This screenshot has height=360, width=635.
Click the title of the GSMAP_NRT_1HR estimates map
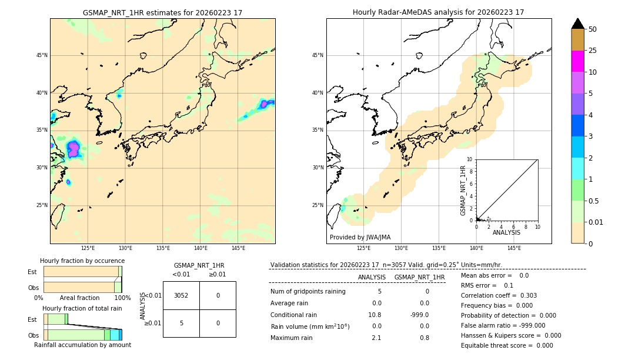[162, 12]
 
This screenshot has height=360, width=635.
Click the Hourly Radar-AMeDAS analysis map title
[438, 12]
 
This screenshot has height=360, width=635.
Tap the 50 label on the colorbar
[593, 29]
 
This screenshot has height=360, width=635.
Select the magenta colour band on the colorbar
[577, 61]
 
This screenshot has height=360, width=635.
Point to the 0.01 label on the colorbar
[596, 222]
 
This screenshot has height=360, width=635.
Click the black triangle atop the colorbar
[577, 24]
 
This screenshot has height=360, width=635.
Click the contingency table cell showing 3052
[181, 295]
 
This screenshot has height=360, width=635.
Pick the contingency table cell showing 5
[181, 323]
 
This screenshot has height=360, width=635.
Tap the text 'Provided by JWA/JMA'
[360, 238]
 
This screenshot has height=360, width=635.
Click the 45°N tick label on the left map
[42, 55]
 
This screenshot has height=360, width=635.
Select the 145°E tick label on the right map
[514, 248]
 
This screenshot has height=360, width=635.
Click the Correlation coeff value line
[499, 296]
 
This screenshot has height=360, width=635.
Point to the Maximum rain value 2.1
[376, 338]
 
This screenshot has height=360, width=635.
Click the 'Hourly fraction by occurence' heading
[82, 261]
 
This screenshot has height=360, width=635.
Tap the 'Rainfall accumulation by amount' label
[82, 345]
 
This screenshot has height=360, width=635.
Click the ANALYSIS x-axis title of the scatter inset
[506, 232]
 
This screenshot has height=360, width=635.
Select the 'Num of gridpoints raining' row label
[308, 292]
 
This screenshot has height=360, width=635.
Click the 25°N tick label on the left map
[42, 205]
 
